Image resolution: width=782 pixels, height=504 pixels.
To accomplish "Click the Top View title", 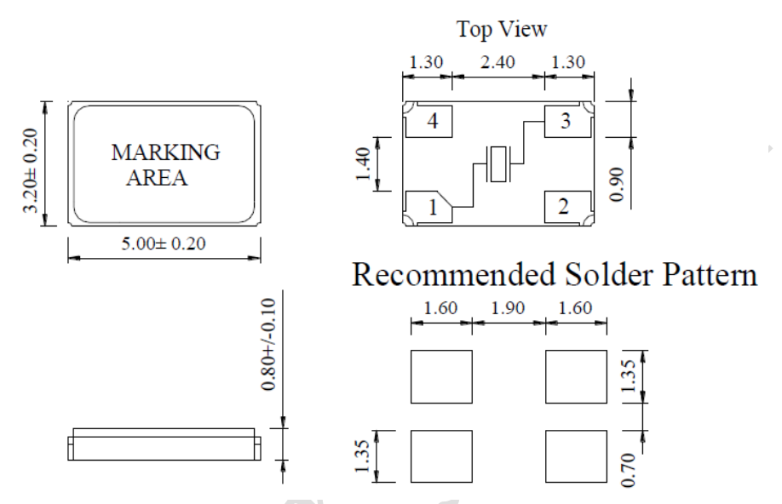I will click(x=501, y=29).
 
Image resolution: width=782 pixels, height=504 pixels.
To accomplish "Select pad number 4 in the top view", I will click(x=433, y=122).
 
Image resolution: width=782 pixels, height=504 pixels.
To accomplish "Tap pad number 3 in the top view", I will click(x=565, y=121).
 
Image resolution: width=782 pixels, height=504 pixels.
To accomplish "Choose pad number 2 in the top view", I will click(x=565, y=206).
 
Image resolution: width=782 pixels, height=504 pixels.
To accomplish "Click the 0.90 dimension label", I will click(x=619, y=180).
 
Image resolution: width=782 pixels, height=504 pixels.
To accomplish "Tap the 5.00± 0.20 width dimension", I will click(x=164, y=243).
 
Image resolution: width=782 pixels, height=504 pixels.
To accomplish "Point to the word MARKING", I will click(x=165, y=154).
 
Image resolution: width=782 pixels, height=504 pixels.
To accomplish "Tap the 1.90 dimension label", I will click(x=508, y=307).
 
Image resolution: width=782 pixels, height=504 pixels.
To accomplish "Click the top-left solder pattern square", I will click(x=441, y=376).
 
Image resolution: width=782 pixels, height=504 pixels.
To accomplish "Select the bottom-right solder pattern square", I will click(x=575, y=456).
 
